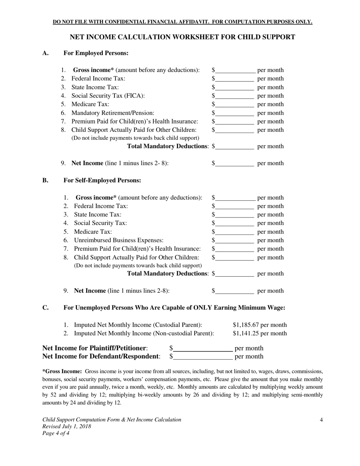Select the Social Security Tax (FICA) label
coord(108,96)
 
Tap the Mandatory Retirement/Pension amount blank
coord(234,113)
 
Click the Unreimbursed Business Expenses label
coord(119,241)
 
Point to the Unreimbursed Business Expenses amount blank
coord(234,241)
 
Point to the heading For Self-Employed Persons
coord(102,181)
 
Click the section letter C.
coord(45,308)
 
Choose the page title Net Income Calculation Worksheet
coord(182,37)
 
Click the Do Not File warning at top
coord(182,22)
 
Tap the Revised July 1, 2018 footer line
coord(67,427)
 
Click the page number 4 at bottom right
coord(321,420)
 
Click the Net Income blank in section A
coord(234,164)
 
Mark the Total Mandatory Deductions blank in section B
coord(234,274)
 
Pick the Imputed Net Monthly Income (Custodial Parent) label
coord(138,325)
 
